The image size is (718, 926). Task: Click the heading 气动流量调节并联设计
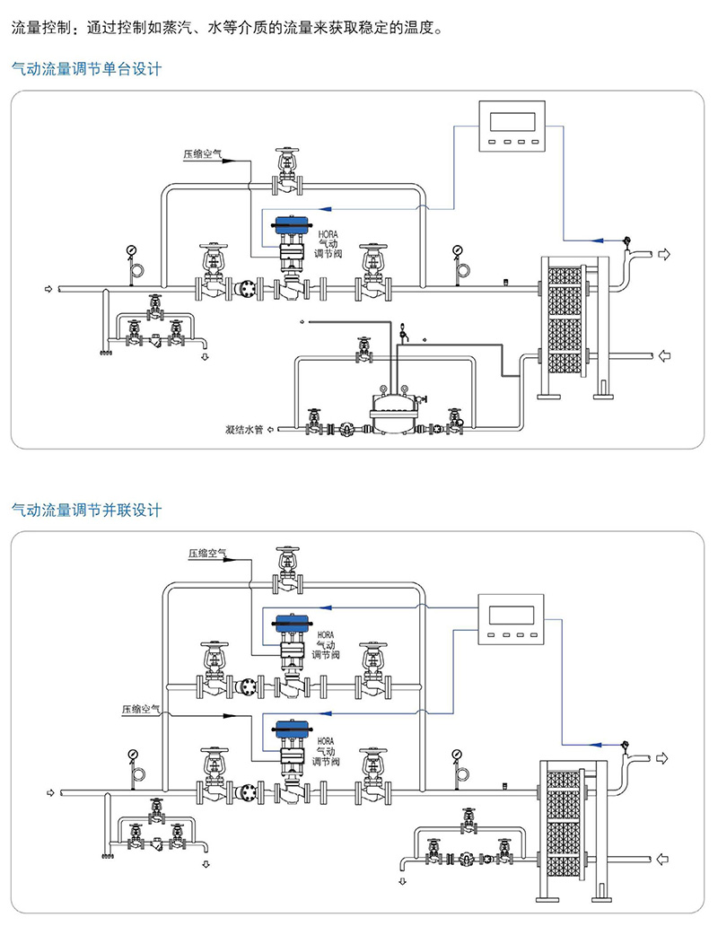85,511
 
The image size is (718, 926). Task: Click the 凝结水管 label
243,429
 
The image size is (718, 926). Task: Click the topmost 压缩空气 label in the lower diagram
208,554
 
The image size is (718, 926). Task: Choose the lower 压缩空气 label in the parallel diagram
141,709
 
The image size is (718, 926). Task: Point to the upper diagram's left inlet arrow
48,289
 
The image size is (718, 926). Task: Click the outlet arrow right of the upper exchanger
664,255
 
